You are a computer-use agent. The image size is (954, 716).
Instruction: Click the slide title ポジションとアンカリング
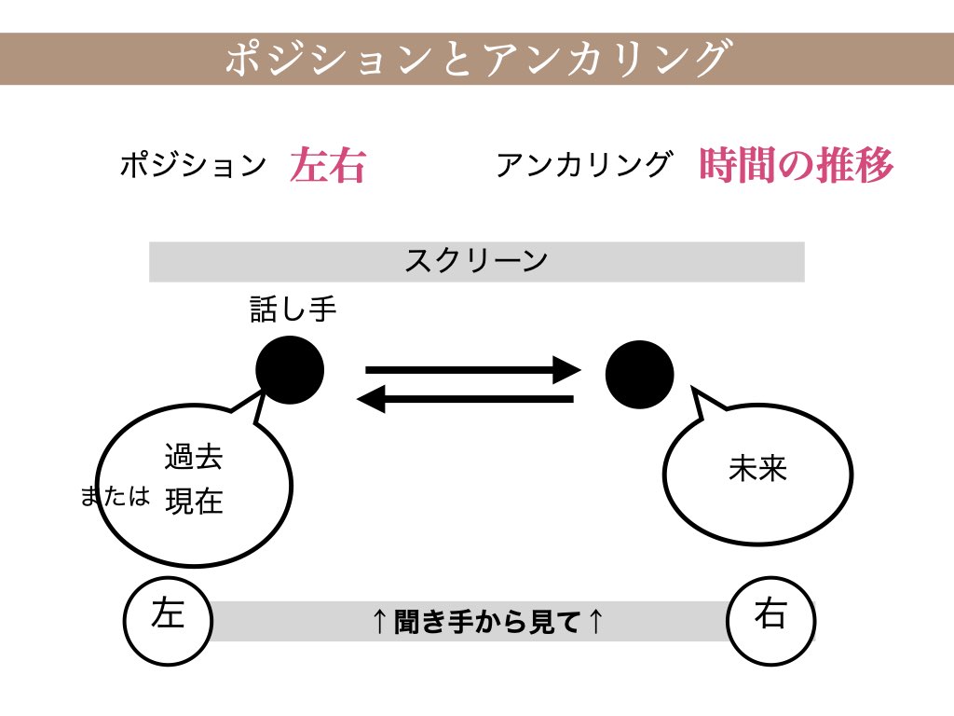tap(476, 59)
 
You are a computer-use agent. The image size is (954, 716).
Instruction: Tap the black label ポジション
tap(193, 166)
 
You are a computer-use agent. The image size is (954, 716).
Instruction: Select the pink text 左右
tap(327, 166)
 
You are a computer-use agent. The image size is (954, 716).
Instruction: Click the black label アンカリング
tap(583, 165)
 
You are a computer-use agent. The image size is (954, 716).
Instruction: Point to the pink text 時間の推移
tap(796, 165)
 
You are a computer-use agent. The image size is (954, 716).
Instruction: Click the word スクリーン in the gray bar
tap(476, 261)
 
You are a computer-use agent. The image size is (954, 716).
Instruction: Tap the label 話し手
tap(293, 310)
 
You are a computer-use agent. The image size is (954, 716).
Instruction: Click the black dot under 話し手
tap(290, 370)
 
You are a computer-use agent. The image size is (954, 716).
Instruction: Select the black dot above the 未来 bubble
tap(639, 374)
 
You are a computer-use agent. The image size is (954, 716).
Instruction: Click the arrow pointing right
tap(473, 370)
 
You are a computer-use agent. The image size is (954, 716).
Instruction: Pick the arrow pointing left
tap(466, 400)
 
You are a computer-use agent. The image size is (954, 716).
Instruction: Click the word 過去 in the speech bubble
tap(194, 458)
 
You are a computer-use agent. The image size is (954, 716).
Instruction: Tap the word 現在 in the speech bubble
tap(194, 502)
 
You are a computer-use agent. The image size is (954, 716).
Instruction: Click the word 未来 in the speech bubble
tap(757, 468)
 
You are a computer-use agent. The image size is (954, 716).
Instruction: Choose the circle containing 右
tap(770, 619)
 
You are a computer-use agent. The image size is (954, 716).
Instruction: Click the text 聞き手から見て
tap(488, 621)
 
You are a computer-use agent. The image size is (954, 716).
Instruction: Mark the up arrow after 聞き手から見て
tap(596, 621)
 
